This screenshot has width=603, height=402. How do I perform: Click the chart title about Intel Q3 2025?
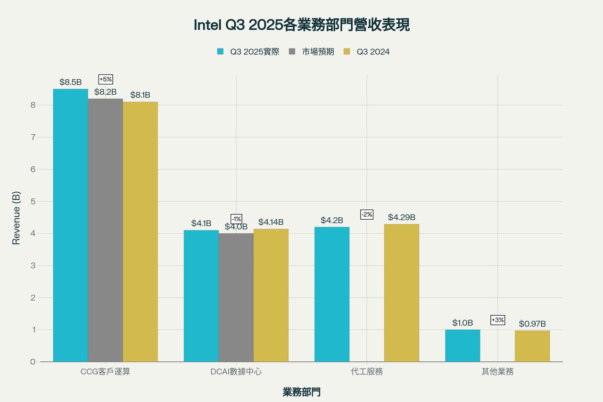[302, 25]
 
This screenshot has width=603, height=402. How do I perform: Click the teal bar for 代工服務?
[332, 294]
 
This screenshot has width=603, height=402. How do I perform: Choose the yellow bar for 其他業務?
[532, 346]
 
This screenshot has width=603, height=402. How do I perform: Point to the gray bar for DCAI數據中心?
[236, 297]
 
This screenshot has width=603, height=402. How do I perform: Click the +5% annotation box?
[106, 79]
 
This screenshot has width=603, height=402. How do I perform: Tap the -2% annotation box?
[367, 214]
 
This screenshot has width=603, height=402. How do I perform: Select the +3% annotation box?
[497, 320]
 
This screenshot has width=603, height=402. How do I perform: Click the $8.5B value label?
[70, 82]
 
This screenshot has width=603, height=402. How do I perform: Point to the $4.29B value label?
[402, 217]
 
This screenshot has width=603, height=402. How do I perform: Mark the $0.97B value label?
[532, 324]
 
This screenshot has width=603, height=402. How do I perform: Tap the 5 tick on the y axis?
[33, 201]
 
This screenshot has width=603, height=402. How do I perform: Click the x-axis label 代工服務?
[367, 372]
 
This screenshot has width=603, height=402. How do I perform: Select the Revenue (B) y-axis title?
[16, 218]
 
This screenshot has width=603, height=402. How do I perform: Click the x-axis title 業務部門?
[302, 392]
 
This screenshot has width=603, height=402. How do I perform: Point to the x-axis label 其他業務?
[497, 372]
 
